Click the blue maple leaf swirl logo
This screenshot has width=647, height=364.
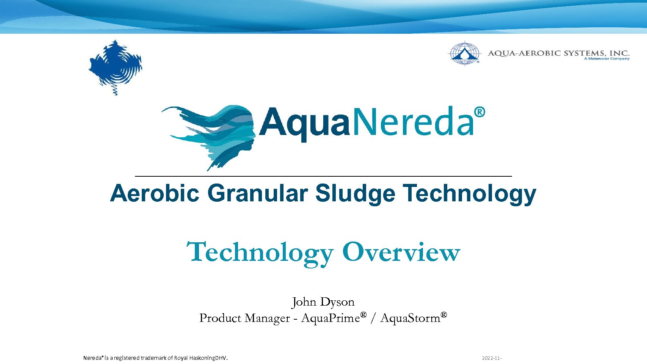(115, 67)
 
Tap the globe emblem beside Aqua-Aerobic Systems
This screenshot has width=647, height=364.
(464, 53)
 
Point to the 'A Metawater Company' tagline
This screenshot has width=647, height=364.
(606, 59)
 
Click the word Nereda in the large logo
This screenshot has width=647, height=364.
(413, 122)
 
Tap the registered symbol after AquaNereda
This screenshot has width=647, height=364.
(479, 112)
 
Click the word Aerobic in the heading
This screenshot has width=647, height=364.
(155, 193)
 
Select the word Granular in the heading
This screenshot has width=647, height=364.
(258, 193)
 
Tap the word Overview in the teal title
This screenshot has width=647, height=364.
(401, 252)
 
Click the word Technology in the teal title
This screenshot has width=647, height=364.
(260, 254)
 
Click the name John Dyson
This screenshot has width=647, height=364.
(323, 302)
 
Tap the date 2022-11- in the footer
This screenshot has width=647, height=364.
(492, 358)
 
